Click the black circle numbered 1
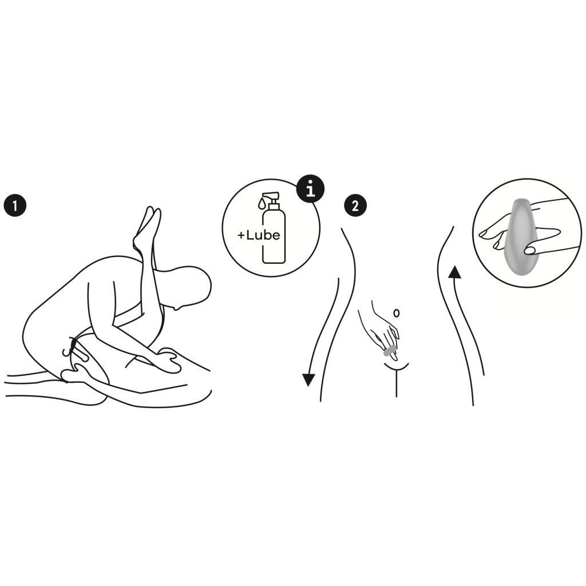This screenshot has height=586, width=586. [15, 205]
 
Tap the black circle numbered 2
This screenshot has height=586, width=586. [355, 205]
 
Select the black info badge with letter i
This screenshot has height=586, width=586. [310, 190]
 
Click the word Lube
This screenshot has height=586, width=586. [263, 235]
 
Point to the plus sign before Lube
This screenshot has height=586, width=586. [241, 235]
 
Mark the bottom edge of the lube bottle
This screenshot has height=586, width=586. [274, 262]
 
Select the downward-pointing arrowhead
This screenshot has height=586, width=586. [308, 380]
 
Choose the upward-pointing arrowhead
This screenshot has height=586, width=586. [454, 272]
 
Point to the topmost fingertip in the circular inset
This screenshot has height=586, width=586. [484, 234]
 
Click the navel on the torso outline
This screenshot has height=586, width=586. [397, 313]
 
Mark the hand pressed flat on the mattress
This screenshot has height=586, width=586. [168, 359]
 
